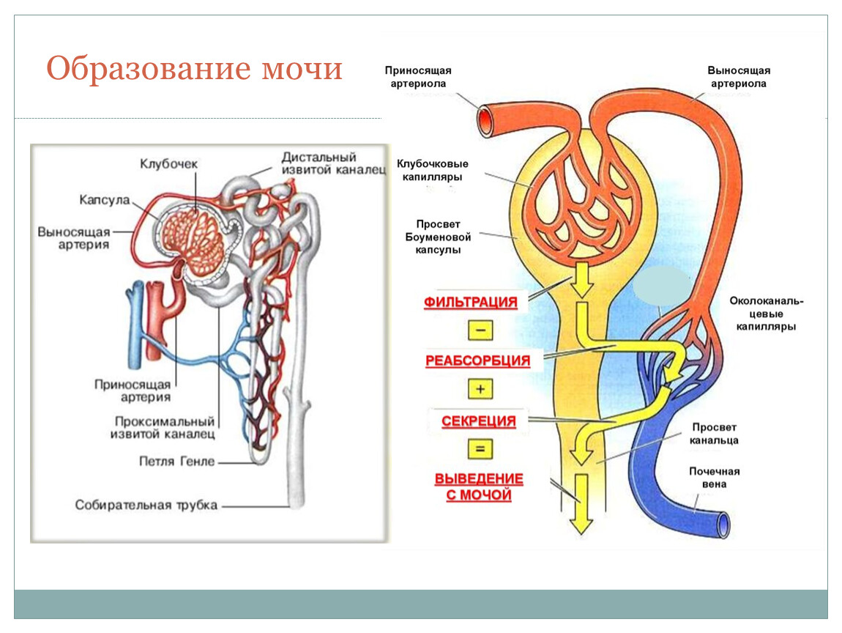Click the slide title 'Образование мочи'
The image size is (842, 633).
[195, 69]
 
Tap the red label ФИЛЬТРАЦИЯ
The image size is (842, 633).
[471, 303]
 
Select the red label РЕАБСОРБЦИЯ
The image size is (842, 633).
[477, 360]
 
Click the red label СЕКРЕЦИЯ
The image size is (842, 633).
[479, 421]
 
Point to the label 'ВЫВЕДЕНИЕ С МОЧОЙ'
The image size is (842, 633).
[479, 487]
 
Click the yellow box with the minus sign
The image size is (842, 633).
[480, 330]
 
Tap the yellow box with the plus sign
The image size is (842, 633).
[480, 389]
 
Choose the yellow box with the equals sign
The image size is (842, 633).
[480, 448]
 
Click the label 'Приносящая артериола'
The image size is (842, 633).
[418, 77]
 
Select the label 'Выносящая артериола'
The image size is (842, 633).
[738, 77]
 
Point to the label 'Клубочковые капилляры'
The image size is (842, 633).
[433, 170]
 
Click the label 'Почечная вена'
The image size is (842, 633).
[714, 478]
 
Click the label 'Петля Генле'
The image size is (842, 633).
[177, 462]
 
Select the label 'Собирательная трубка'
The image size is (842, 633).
[146, 506]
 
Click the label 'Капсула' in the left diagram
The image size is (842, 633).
[105, 200]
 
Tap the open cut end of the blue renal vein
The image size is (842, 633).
[723, 525]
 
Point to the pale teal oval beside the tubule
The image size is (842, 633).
[662, 289]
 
